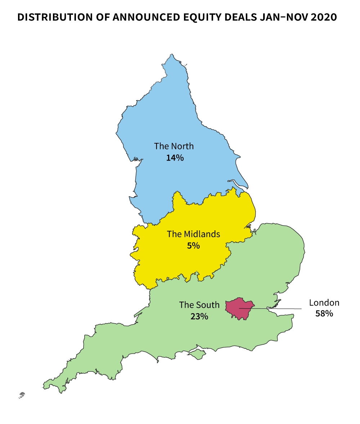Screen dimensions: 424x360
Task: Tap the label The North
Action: [174, 146]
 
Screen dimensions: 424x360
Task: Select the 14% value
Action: [175, 158]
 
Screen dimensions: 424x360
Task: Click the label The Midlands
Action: [193, 234]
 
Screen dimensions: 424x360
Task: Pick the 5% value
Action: [193, 246]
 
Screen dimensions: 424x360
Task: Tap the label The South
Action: [199, 305]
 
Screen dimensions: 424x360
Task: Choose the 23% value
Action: [199, 317]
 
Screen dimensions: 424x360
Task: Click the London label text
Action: [324, 303]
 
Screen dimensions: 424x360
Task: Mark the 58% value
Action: [324, 314]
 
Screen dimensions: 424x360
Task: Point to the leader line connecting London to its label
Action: [277, 308]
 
